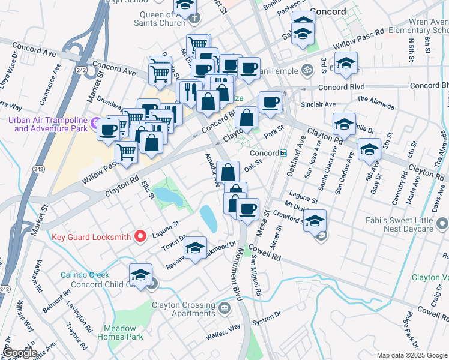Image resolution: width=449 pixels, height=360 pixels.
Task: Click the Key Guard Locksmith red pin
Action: [x=141, y=236]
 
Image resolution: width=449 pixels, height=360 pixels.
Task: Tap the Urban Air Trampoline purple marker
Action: [x=94, y=124]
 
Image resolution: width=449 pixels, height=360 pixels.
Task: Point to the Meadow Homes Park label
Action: [x=123, y=332]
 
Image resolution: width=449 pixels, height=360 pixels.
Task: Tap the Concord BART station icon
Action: [x=283, y=153]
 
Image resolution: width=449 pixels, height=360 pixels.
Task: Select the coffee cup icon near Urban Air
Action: [x=109, y=130]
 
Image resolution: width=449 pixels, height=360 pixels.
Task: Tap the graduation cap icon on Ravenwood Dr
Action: [x=196, y=248]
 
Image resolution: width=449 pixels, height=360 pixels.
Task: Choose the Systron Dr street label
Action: [x=270, y=317]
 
